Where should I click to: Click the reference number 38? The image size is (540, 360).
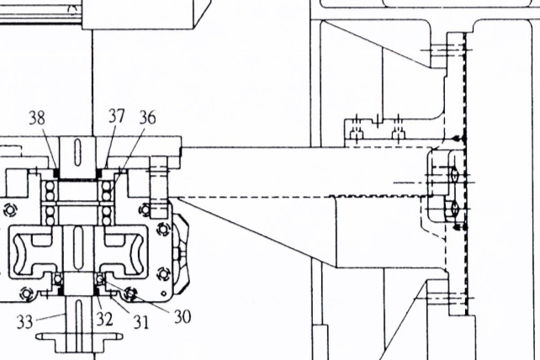37,118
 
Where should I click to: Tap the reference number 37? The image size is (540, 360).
116,116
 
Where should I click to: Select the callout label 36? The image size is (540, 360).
147,117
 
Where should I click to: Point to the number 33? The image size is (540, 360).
24,322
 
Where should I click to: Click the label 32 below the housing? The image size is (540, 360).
104,319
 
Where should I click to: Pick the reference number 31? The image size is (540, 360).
141,322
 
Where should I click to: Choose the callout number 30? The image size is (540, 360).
183,316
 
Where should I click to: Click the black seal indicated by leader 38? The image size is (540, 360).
56,172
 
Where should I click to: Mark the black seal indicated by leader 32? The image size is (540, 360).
97,291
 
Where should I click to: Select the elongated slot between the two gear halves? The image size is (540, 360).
78,247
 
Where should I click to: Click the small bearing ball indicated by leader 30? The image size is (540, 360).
101,278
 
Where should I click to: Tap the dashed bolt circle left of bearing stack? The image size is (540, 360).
11,209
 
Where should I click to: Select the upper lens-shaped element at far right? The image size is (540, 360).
454,174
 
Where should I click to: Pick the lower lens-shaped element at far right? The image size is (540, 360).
454,208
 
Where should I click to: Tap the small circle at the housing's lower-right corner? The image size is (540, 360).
164,294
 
